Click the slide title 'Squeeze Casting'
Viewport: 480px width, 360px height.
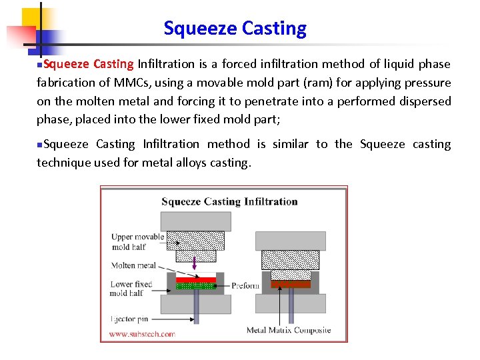(x=235, y=29)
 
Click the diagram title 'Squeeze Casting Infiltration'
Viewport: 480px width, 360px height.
(x=229, y=201)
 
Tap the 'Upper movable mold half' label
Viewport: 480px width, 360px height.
(x=137, y=241)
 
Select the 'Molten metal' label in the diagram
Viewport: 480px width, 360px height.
(x=133, y=265)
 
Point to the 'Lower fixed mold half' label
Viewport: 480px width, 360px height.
(x=131, y=289)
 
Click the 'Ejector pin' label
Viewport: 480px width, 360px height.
(x=128, y=319)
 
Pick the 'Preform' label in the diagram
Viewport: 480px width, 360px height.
(x=245, y=285)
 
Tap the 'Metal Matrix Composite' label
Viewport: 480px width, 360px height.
(x=288, y=330)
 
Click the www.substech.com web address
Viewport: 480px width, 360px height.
(x=141, y=333)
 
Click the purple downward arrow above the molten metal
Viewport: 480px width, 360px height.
(x=195, y=265)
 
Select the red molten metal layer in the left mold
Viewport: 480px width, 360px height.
(x=196, y=280)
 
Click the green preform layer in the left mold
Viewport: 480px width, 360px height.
(x=195, y=286)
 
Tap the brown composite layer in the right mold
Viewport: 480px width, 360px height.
(x=291, y=283)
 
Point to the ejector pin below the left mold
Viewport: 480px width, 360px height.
(x=196, y=307)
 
